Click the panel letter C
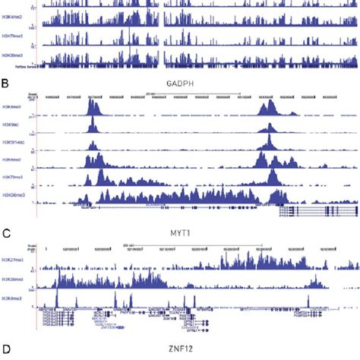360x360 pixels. (x=6, y=226)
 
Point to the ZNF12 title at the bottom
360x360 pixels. (x=180, y=350)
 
